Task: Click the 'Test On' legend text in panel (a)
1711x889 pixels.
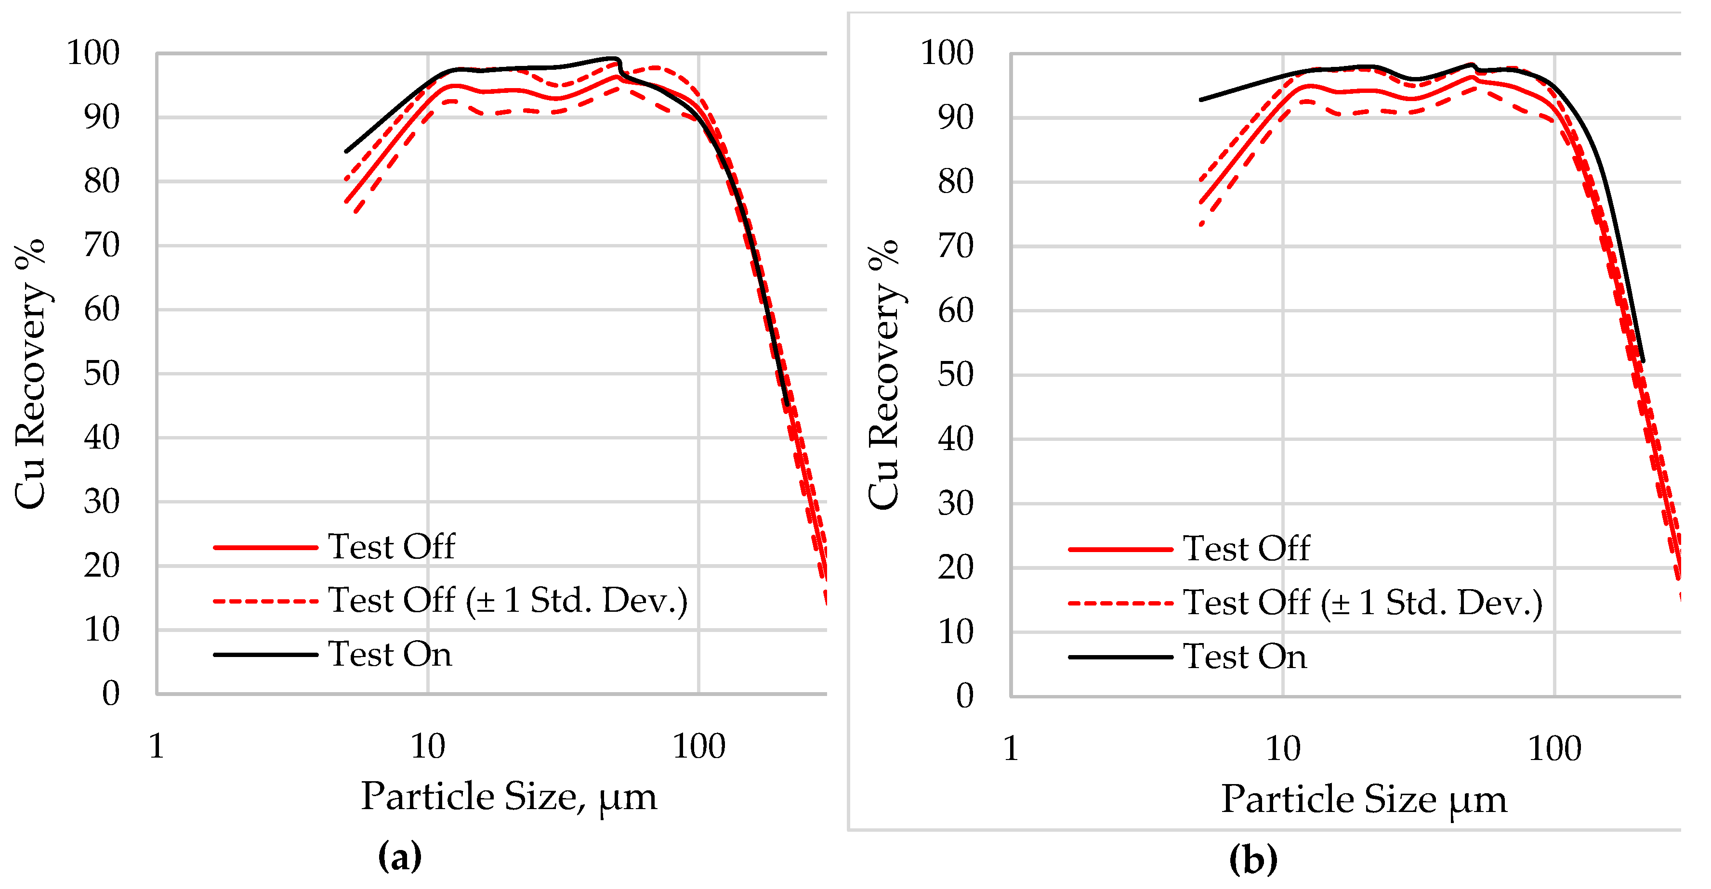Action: coord(390,654)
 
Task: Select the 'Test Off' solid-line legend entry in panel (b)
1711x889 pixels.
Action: coord(1246,548)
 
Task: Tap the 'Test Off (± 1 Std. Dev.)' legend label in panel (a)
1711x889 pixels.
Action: coord(507,600)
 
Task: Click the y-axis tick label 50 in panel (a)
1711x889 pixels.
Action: coord(102,374)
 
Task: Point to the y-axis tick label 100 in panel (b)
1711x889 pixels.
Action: coord(947,52)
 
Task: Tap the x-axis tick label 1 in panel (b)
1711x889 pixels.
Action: coord(1010,749)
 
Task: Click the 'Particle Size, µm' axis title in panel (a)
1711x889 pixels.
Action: coord(509,796)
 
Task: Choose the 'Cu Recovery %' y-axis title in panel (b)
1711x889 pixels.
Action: coord(884,375)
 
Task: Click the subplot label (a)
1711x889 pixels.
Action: coord(399,856)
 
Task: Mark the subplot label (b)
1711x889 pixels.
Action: coord(1253,859)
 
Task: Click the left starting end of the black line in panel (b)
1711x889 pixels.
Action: coord(1201,100)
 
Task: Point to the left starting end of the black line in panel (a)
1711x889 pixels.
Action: coord(346,152)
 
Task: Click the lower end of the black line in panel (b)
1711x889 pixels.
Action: coord(1643,361)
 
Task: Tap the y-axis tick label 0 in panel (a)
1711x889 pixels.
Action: coord(110,694)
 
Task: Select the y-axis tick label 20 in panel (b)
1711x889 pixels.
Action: coord(955,567)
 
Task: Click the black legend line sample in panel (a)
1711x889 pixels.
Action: coord(266,655)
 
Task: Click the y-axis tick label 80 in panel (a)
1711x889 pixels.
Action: coord(102,181)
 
